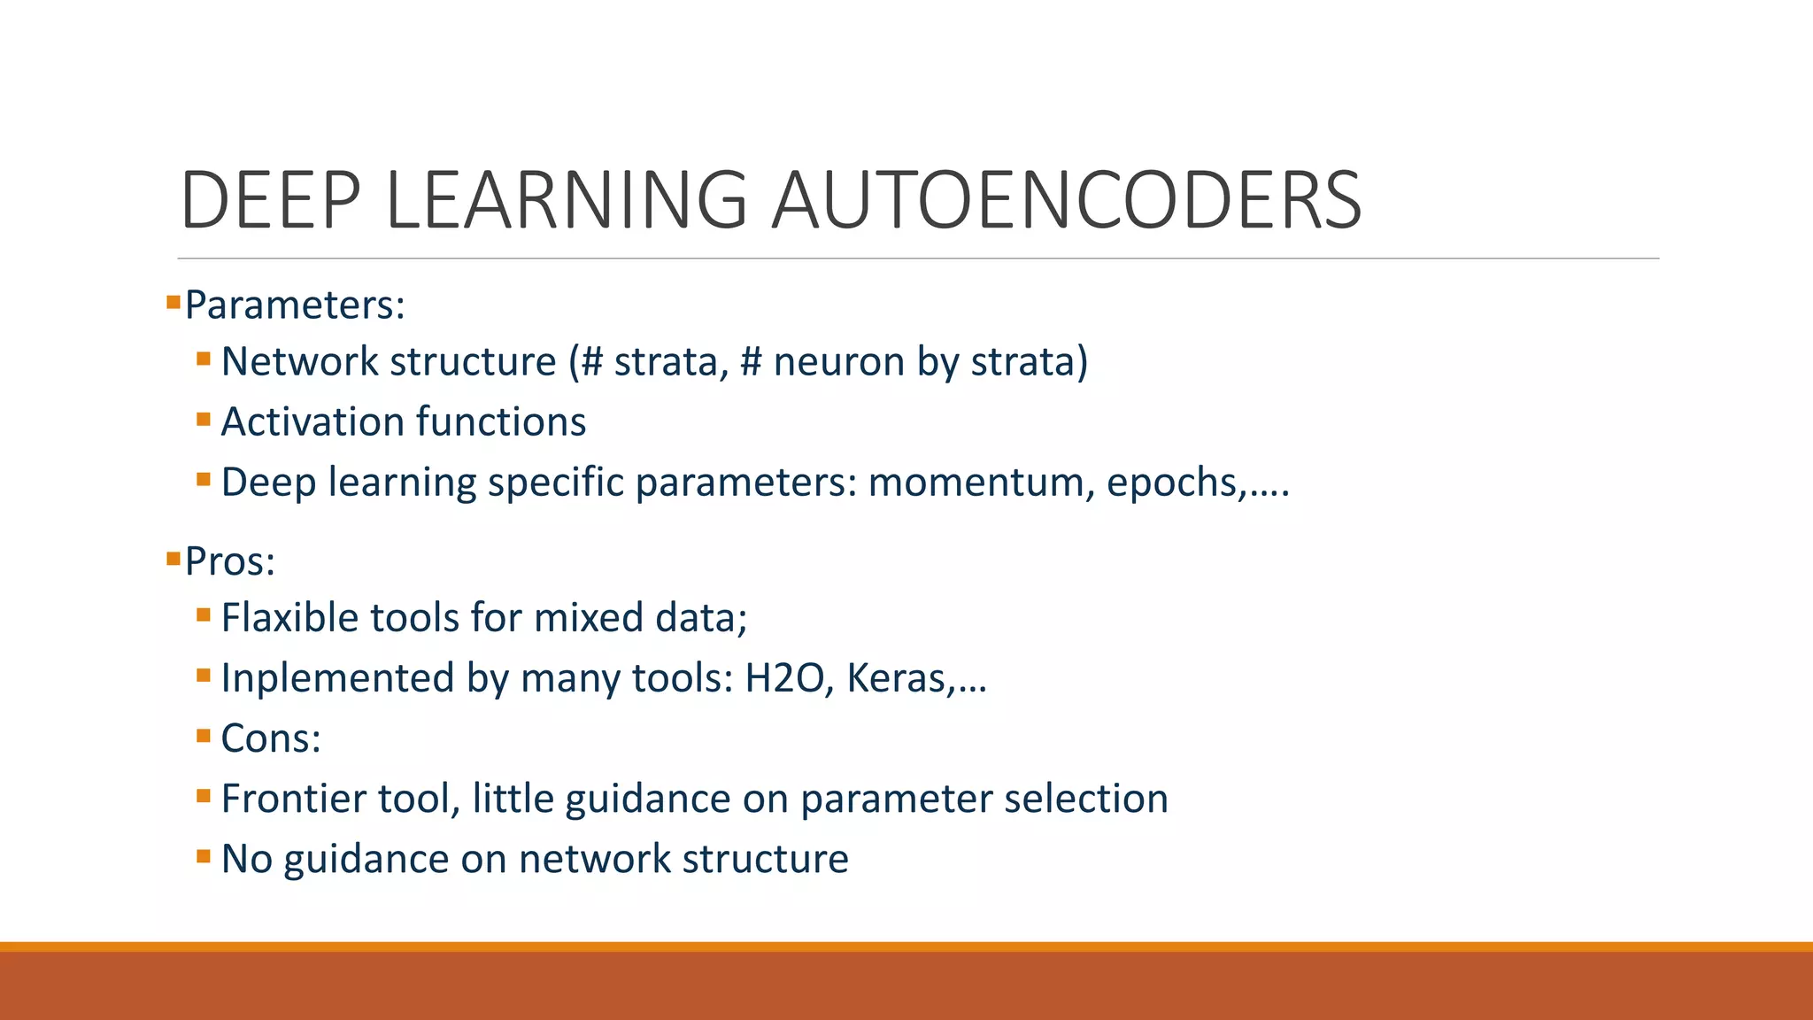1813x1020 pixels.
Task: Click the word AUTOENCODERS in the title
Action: tap(1066, 201)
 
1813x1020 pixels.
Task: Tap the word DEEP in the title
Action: tap(271, 201)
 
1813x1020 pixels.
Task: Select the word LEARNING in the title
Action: tap(567, 201)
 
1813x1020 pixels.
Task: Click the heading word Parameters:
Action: tap(295, 305)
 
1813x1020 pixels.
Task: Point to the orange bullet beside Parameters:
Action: tap(174, 303)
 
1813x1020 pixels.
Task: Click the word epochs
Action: tap(1169, 483)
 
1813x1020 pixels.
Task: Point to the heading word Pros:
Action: tap(230, 561)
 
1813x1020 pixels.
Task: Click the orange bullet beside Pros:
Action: tap(174, 559)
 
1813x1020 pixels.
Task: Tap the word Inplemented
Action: tap(337, 678)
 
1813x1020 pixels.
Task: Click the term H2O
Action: tap(783, 678)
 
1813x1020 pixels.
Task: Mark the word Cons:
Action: tap(271, 738)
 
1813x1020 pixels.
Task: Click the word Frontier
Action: tap(293, 799)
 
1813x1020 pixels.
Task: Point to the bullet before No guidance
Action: tap(204, 856)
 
